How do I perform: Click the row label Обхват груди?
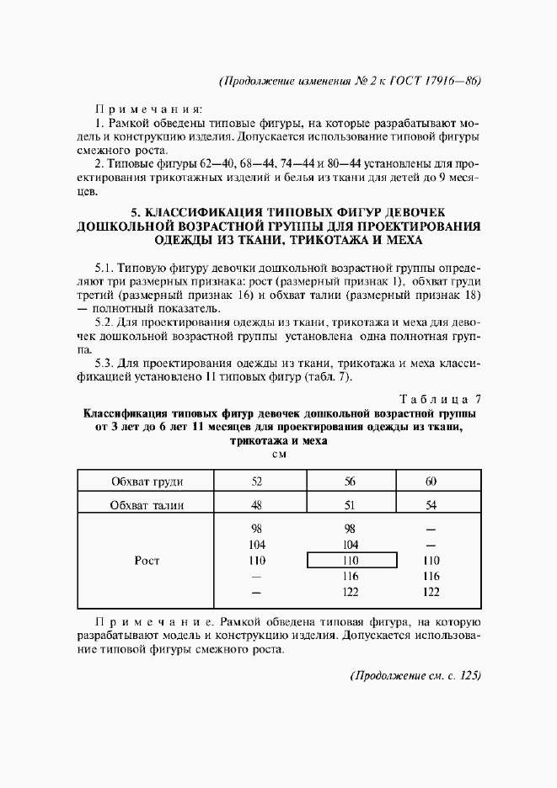(147, 482)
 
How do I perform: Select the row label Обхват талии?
(147, 505)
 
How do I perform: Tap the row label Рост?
(147, 560)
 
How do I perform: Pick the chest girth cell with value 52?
(257, 482)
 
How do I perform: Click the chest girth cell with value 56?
(351, 482)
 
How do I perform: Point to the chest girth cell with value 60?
(431, 482)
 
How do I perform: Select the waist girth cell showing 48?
(257, 505)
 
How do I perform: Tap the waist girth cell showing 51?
(351, 505)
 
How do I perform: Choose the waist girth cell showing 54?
(431, 505)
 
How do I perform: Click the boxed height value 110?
(351, 560)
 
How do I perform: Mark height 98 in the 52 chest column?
(257, 529)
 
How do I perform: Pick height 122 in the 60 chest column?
(431, 592)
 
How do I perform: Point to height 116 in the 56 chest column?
(351, 576)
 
